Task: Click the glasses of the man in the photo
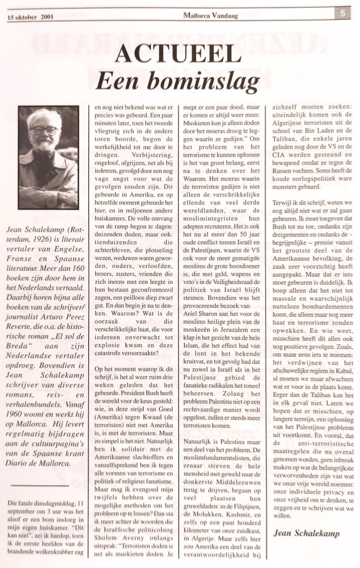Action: click(44, 131)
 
